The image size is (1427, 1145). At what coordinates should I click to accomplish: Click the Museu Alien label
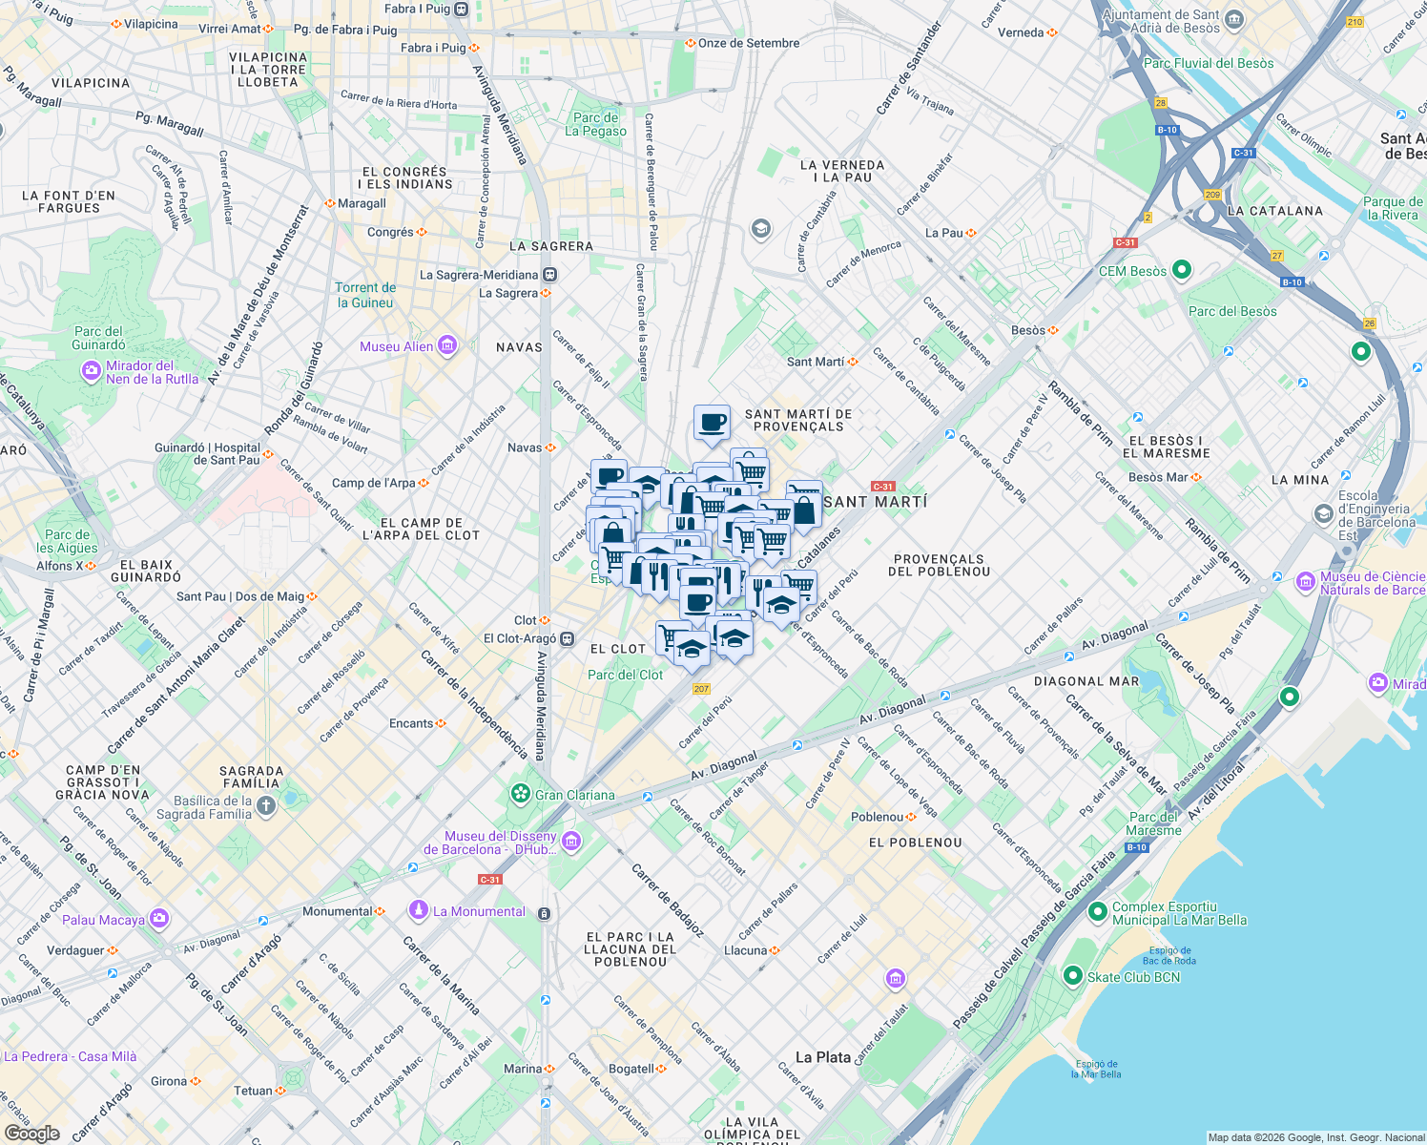click(396, 346)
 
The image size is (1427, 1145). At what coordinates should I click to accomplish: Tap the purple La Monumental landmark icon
click(418, 911)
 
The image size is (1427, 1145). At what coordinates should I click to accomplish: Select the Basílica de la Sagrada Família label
click(213, 808)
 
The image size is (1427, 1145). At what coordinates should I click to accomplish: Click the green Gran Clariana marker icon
click(520, 794)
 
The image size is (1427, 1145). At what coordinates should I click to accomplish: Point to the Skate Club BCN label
click(1133, 977)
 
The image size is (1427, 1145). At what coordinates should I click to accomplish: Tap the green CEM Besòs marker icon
click(1182, 271)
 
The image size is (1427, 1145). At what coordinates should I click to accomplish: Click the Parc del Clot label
click(625, 675)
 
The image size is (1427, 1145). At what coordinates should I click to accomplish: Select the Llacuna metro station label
click(745, 950)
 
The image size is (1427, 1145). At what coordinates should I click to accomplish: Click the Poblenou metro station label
click(876, 817)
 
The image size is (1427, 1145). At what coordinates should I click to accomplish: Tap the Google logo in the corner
click(31, 1133)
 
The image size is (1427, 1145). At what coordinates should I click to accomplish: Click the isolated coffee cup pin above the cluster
click(712, 422)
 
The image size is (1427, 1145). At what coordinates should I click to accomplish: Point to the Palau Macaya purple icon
click(158, 919)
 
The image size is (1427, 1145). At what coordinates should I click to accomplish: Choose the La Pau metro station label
click(944, 233)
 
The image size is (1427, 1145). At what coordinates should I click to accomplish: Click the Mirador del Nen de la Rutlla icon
click(91, 370)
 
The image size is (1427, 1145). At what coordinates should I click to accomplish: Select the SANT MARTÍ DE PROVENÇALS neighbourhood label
click(798, 421)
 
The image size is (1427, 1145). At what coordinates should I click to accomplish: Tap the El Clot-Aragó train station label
click(520, 638)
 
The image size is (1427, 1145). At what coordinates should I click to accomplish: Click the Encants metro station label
click(411, 723)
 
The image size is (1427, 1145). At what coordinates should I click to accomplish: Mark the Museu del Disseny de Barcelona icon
click(571, 841)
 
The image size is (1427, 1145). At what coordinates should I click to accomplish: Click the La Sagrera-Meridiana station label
click(479, 275)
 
